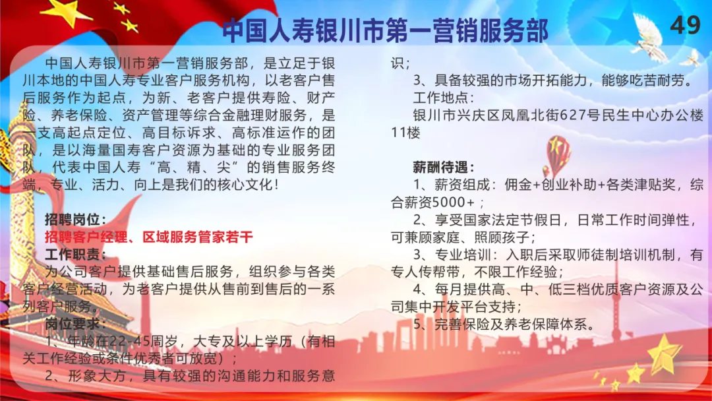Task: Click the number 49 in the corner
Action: click(685, 25)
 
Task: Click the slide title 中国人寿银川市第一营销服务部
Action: click(386, 30)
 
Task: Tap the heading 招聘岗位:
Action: click(75, 220)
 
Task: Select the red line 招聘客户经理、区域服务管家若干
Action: click(148, 237)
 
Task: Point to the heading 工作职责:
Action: click(75, 255)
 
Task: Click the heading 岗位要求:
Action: click(75, 324)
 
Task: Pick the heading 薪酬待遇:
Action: click(444, 168)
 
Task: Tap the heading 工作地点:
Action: click(444, 98)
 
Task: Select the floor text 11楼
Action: click(405, 133)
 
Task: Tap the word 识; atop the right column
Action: click(401, 63)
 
